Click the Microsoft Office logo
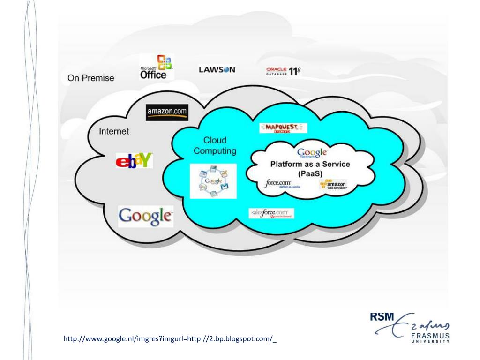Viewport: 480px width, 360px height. (x=156, y=67)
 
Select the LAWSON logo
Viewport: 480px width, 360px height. (x=217, y=70)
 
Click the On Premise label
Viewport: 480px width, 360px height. (x=90, y=78)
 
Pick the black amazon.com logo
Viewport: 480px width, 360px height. (x=167, y=112)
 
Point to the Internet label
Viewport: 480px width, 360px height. (x=113, y=131)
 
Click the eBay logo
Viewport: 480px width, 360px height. (x=134, y=161)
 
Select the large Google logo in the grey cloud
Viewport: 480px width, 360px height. (x=145, y=216)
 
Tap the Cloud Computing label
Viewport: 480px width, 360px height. (x=215, y=145)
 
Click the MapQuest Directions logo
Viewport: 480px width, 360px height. (x=283, y=128)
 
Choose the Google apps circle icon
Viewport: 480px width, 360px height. (x=213, y=181)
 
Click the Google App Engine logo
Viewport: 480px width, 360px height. (x=312, y=153)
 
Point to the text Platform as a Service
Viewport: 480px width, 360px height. (x=310, y=164)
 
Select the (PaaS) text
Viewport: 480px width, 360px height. (x=309, y=173)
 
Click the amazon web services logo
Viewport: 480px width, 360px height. (x=333, y=185)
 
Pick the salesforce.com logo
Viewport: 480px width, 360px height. (x=272, y=213)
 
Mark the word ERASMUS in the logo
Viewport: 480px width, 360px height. (x=429, y=336)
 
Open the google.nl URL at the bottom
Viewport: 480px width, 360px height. (x=170, y=338)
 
